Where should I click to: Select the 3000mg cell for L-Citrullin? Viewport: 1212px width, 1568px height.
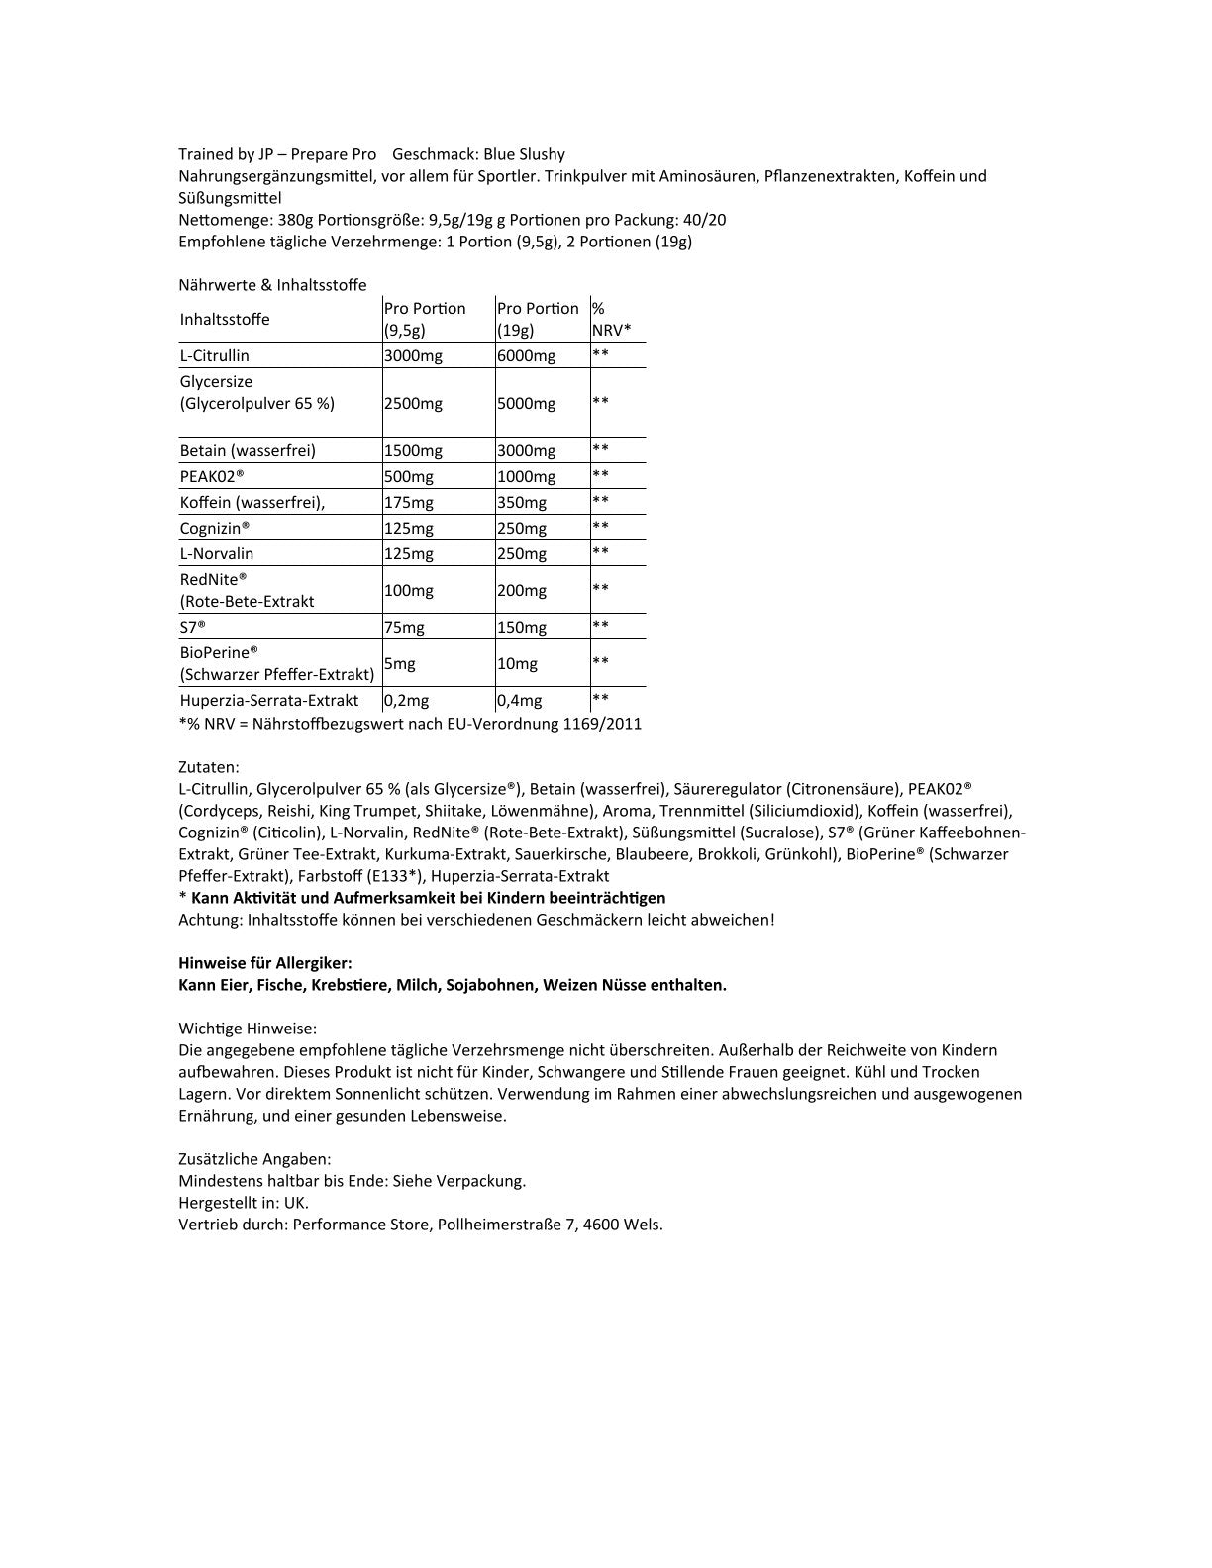pos(413,356)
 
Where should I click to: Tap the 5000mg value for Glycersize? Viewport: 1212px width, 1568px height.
pos(526,404)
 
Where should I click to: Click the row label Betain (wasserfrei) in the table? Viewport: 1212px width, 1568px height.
pos(248,451)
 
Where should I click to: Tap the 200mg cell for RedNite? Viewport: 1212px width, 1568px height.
pos(521,591)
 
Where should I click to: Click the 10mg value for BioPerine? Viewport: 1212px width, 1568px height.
pos(516,664)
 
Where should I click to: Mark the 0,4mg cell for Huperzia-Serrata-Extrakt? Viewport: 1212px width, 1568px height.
pos(520,701)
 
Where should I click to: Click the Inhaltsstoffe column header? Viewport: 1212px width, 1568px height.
pos(225,320)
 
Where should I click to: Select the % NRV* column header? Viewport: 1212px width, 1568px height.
pos(611,320)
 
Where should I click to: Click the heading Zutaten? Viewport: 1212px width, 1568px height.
pos(208,767)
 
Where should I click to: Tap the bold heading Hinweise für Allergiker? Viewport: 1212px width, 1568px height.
pos(264,963)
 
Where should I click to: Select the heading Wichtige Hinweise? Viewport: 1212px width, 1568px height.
pos(248,1029)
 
